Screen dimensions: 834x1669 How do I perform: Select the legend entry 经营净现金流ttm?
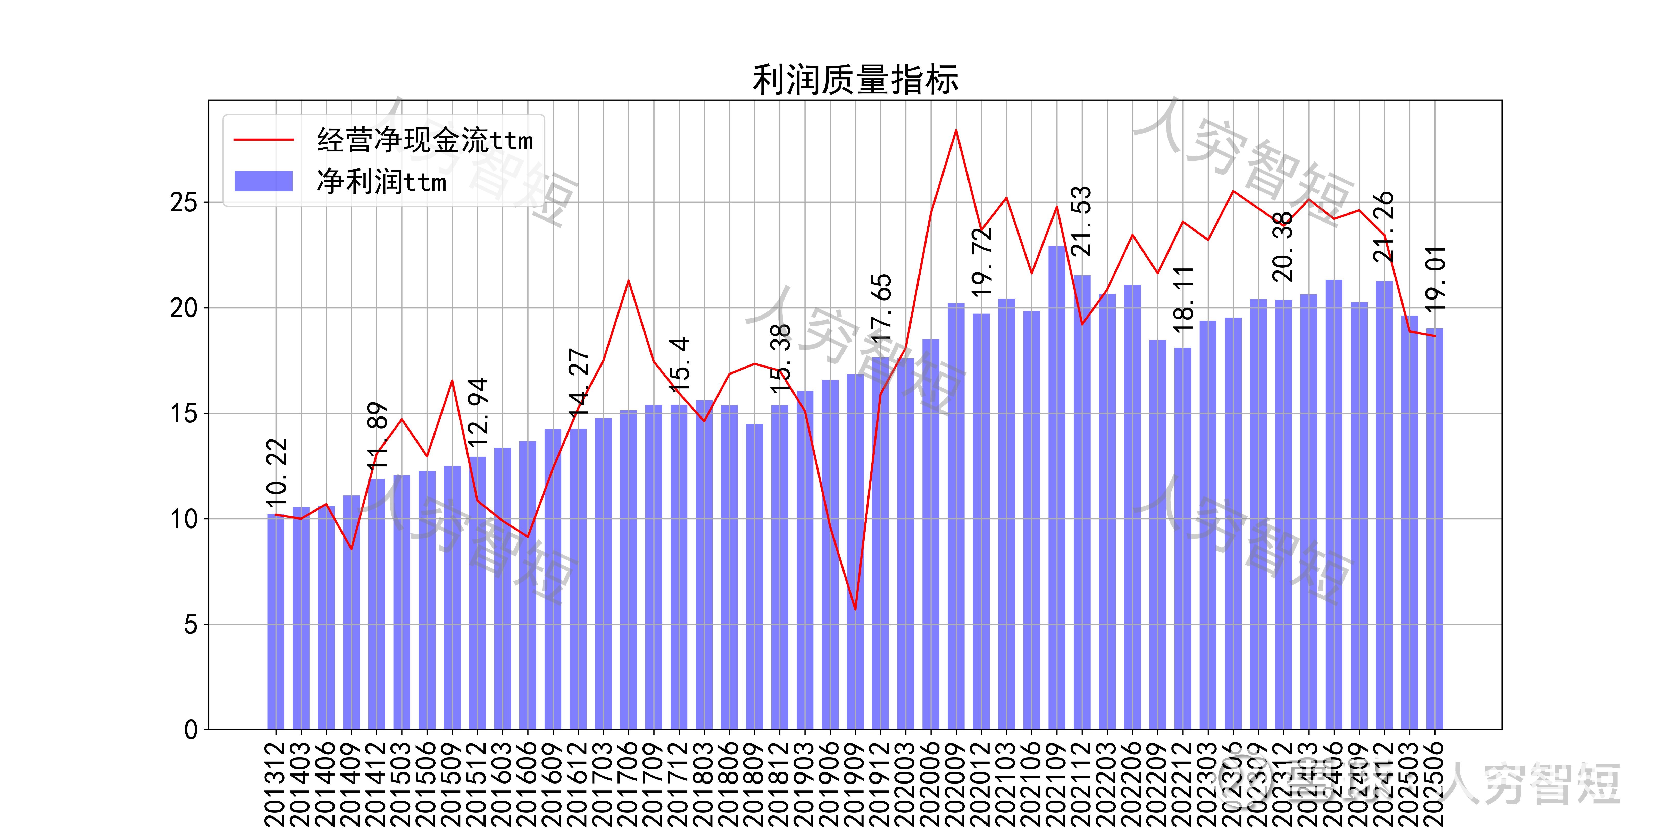(x=424, y=140)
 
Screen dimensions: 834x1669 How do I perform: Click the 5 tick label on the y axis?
(x=190, y=625)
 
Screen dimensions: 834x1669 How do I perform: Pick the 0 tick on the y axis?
(x=190, y=730)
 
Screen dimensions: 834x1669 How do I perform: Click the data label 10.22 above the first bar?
(x=277, y=473)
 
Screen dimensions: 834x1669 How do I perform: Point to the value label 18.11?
(x=1183, y=299)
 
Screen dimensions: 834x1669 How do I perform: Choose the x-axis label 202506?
(x=1435, y=784)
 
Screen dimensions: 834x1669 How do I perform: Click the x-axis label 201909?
(x=855, y=784)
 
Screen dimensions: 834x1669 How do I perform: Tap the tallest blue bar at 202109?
(x=1057, y=486)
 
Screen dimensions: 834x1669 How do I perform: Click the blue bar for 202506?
(x=1435, y=531)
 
